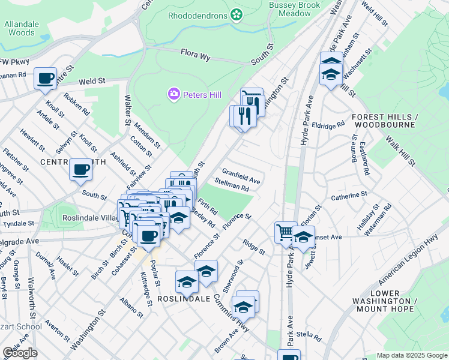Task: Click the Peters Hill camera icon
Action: [174, 95]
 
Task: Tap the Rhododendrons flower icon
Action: [237, 13]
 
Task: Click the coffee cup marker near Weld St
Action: [46, 79]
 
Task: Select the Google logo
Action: [20, 353]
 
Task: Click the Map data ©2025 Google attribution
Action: [411, 355]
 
